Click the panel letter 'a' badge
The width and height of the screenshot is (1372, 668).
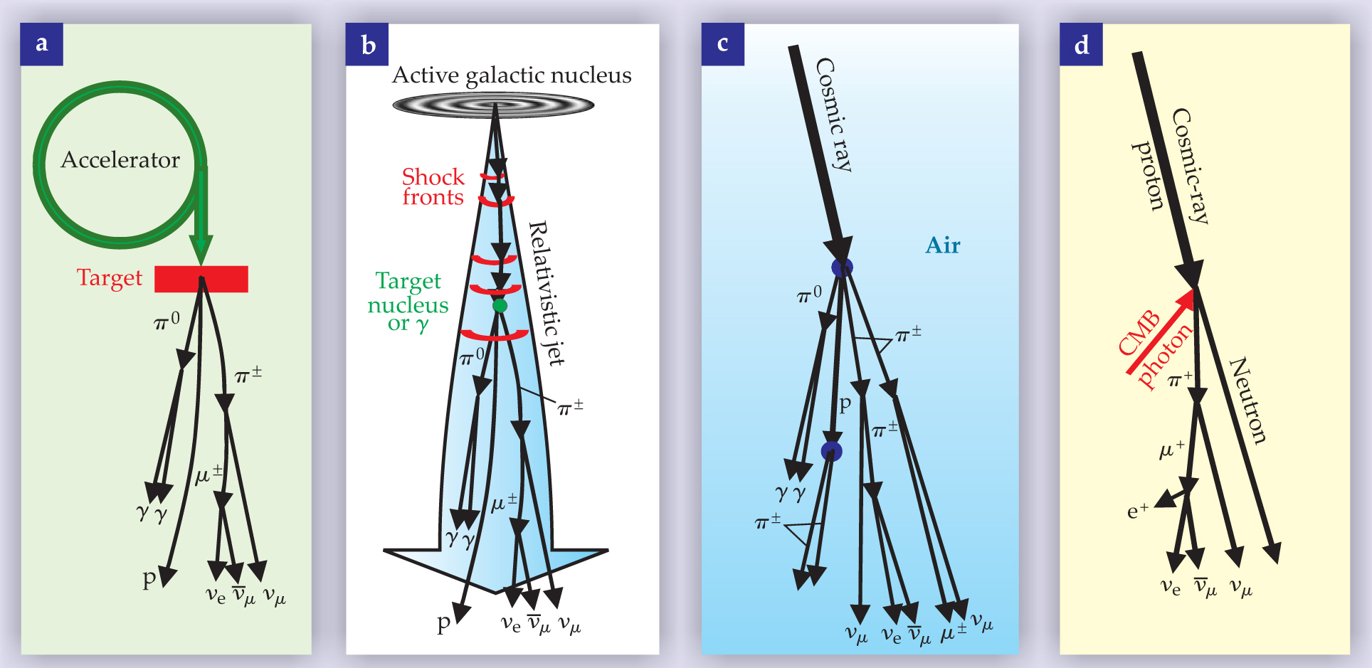pos(41,44)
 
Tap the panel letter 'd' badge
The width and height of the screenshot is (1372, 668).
pos(1081,45)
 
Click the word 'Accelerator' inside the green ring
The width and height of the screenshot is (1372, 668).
pos(120,160)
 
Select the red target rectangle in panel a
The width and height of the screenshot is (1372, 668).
pos(201,279)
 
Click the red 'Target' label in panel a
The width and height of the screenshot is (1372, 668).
pos(110,277)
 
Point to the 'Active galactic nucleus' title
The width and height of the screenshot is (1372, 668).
pos(512,75)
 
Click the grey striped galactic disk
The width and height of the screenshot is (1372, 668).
pos(493,106)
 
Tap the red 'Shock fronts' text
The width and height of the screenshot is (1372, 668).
pos(433,187)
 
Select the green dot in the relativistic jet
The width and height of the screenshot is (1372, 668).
pos(500,306)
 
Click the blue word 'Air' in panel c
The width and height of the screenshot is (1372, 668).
pos(943,245)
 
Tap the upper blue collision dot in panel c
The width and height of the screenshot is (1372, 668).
pos(842,268)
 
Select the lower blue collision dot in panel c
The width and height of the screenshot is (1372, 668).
pos(831,451)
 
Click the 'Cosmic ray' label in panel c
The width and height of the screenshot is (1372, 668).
pos(834,115)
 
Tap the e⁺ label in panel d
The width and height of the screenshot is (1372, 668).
pos(1137,511)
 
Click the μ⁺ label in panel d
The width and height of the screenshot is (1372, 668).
pos(1171,450)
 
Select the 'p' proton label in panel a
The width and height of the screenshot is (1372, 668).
pos(149,578)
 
